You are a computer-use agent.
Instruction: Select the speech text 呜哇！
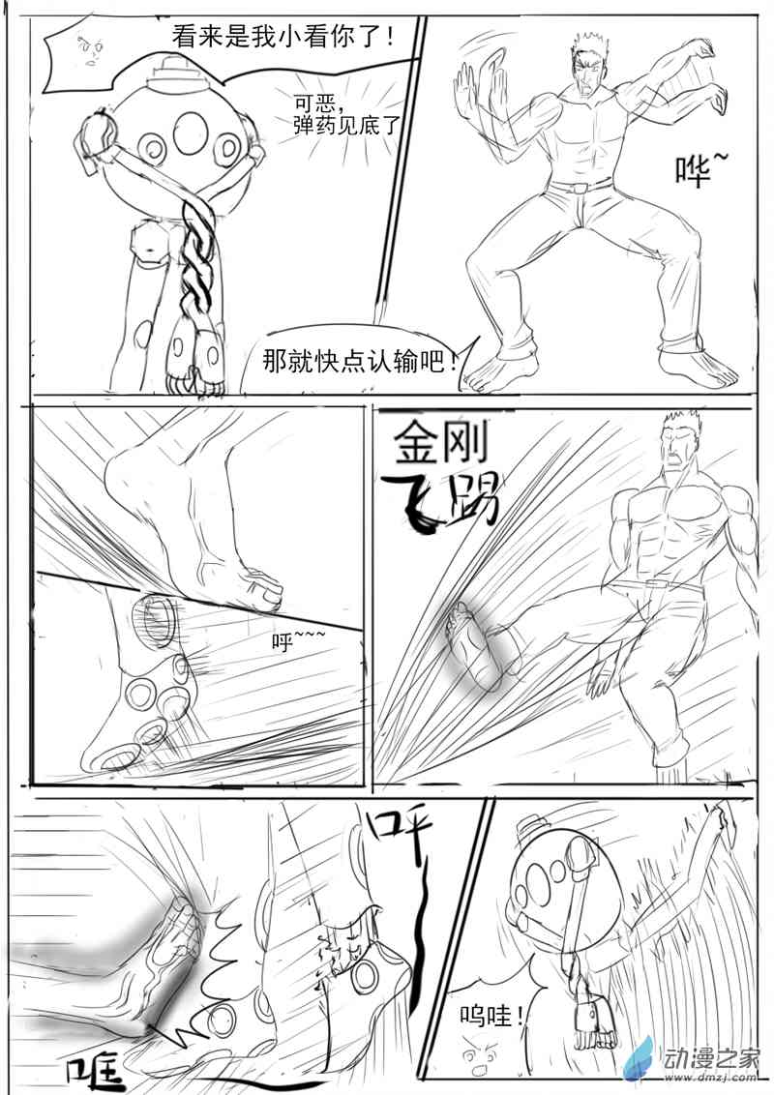[492, 1017]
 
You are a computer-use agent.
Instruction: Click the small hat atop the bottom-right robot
[531, 824]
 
